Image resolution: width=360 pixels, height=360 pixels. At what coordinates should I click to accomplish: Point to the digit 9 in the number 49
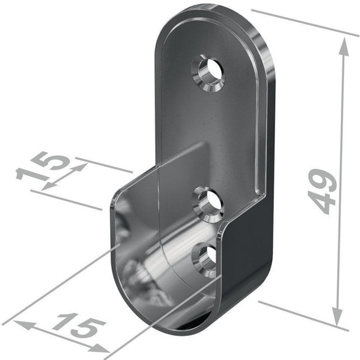click(x=323, y=180)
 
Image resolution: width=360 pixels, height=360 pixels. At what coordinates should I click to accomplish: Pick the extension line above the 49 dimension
click(x=304, y=22)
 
